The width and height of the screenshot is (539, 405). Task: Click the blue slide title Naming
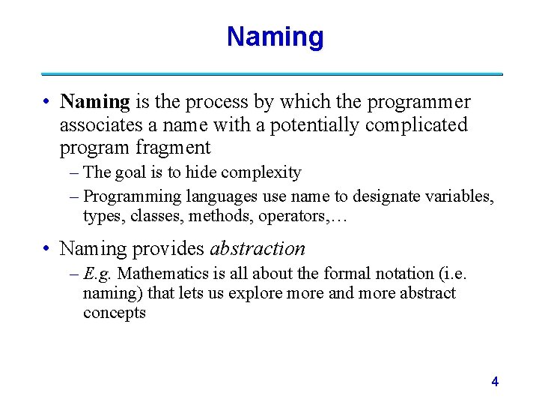point(275,36)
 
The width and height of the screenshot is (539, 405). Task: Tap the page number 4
point(495,382)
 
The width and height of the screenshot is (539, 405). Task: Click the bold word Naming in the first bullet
point(95,101)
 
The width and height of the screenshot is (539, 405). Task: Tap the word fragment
point(173,148)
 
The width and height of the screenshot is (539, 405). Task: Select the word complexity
point(259,172)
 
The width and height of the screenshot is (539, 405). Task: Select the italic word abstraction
point(258,248)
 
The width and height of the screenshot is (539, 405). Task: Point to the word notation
point(386,274)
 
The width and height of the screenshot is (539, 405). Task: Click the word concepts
point(115,313)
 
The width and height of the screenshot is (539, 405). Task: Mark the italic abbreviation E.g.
point(98,274)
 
